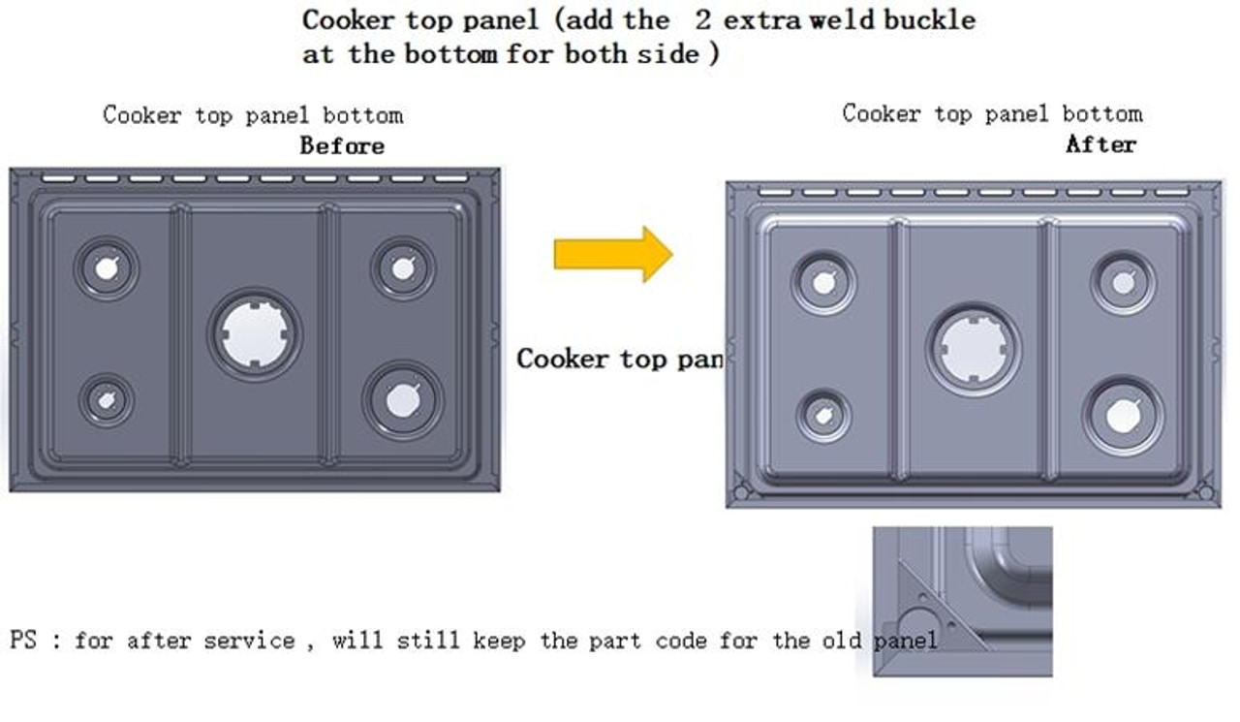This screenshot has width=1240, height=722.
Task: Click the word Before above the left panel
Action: click(x=342, y=146)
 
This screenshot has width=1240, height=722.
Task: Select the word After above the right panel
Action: click(x=1100, y=144)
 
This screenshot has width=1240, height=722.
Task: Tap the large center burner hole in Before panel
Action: click(x=254, y=334)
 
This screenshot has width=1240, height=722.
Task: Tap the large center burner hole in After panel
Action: click(x=973, y=348)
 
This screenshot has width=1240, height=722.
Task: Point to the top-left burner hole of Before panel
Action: click(x=107, y=267)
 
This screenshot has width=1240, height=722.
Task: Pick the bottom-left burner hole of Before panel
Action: click(x=106, y=399)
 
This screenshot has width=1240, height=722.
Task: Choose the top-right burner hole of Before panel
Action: click(x=403, y=267)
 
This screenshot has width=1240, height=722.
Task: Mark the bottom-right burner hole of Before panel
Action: click(x=403, y=400)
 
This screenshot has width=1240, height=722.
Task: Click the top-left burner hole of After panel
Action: click(x=823, y=283)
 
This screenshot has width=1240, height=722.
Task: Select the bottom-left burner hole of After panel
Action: click(x=823, y=416)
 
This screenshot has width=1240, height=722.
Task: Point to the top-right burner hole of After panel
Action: click(x=1123, y=283)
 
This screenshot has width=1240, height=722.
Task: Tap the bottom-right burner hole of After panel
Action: click(x=1123, y=416)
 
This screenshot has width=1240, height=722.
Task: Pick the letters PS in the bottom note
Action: click(x=23, y=641)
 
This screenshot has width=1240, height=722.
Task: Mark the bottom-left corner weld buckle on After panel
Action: click(x=742, y=491)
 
